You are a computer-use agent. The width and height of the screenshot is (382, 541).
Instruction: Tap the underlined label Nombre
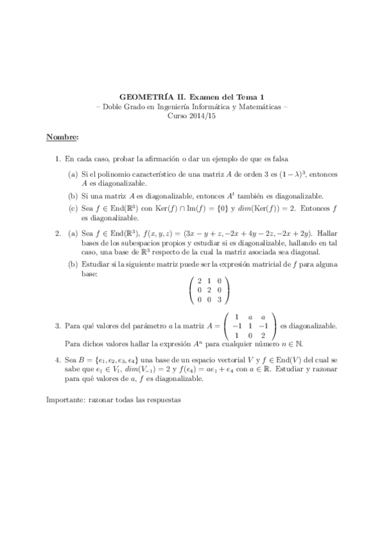coord(62,137)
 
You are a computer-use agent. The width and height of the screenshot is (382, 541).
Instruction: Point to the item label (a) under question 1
coord(74,174)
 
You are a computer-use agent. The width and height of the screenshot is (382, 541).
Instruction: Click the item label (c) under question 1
coord(74,208)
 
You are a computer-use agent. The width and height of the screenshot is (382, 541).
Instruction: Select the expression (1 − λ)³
coord(281,174)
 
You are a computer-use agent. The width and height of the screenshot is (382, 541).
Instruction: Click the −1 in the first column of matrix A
coord(235,326)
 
